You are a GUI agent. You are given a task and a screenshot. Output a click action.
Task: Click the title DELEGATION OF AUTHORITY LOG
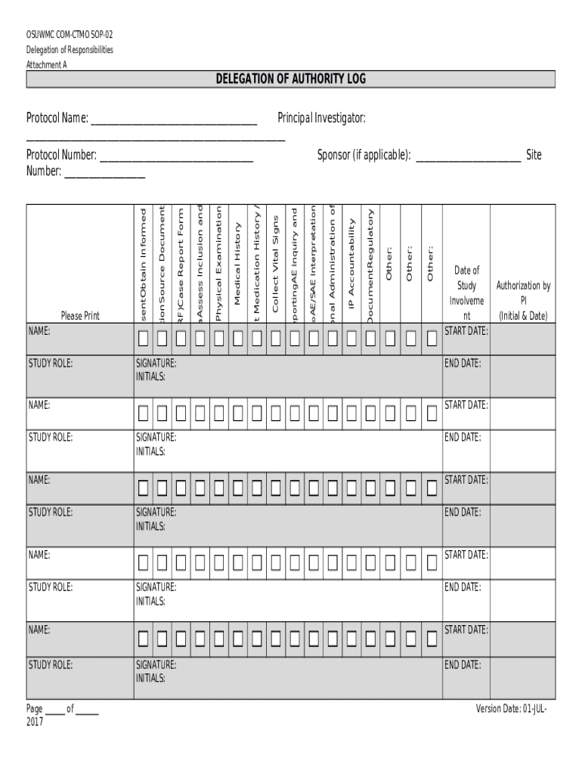click(x=291, y=79)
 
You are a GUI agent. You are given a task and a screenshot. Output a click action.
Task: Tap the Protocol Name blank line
click(x=173, y=123)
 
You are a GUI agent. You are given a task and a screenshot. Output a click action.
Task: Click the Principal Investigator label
click(x=322, y=118)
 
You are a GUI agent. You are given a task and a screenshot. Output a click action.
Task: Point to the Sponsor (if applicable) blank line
click(x=468, y=160)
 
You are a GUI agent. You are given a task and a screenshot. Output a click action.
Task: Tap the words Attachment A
click(x=47, y=65)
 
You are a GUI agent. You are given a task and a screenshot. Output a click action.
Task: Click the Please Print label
click(x=80, y=315)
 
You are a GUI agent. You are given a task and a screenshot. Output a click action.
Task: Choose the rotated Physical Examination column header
click(x=219, y=264)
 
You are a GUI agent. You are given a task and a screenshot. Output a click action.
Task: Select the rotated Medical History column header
click(x=237, y=264)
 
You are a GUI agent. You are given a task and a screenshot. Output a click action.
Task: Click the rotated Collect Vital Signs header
click(x=275, y=264)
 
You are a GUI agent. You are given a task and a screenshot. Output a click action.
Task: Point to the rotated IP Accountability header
click(x=351, y=264)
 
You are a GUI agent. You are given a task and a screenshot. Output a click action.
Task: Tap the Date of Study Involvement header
click(x=466, y=293)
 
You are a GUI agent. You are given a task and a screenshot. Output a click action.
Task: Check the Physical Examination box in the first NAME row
click(x=218, y=339)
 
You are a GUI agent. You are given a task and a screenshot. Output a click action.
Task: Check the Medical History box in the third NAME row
click(x=237, y=488)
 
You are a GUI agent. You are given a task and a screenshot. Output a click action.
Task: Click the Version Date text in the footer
click(x=511, y=708)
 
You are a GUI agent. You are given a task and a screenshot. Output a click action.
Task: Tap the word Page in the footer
click(x=35, y=709)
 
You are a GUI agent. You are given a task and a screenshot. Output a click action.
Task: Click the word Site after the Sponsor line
click(x=534, y=155)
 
